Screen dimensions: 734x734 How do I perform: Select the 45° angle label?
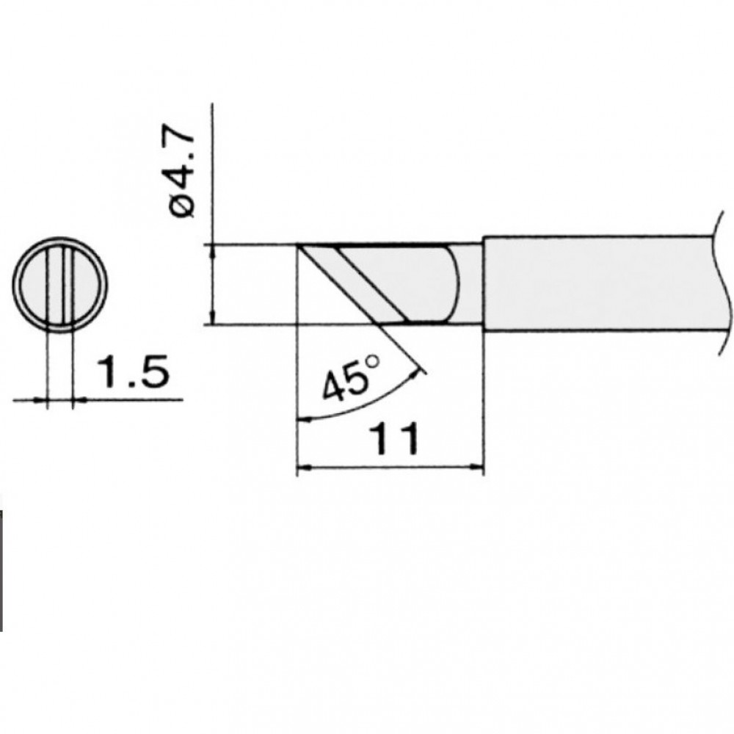coord(350,379)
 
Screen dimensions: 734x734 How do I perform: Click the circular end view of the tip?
coord(60,285)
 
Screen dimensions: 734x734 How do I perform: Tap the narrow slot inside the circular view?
coord(60,285)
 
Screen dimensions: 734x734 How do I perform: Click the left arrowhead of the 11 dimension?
coord(304,466)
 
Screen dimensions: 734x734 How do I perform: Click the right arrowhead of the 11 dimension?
coord(476,466)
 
